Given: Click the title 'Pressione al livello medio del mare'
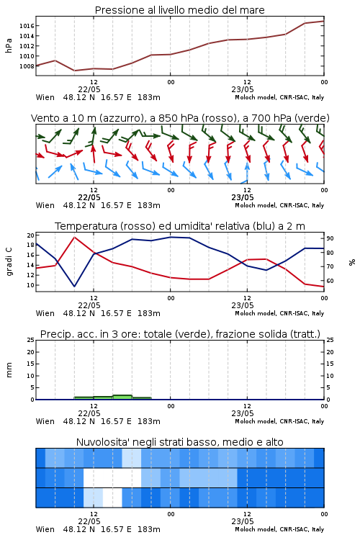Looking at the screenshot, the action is tap(179, 10).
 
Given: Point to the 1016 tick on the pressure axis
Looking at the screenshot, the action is tap(27, 26).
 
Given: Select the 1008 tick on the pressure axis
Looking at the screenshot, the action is tap(27, 66).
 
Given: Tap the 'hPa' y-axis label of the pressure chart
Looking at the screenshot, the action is tap(9, 45).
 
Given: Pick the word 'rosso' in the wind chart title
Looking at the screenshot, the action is tap(213, 118).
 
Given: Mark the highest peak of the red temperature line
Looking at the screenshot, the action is tap(74, 238).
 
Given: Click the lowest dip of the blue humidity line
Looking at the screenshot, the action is tap(74, 286).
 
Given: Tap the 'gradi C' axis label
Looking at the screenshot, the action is tap(9, 261).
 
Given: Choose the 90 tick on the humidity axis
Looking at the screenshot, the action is tap(330, 238).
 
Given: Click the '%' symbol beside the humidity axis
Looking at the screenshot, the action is tap(352, 262).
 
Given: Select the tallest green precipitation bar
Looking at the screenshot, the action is tap(122, 397).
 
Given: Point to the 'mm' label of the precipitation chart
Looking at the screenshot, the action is tap(9, 369).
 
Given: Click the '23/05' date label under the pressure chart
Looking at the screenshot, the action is tap(243, 89).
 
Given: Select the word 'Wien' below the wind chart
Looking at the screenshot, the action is tap(45, 205).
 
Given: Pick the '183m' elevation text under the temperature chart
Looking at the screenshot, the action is tap(149, 313).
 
